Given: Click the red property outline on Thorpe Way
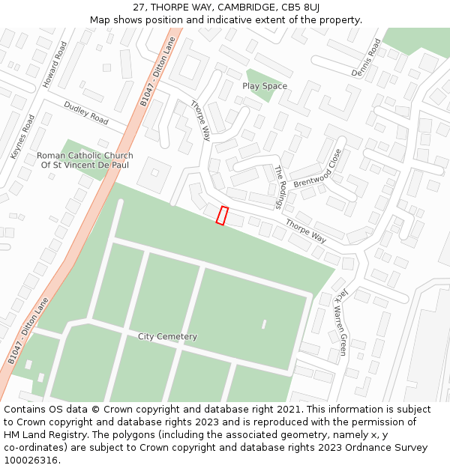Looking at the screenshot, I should pos(222,215).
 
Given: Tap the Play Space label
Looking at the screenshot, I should pos(264,86).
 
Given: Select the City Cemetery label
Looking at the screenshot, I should pos(167,336).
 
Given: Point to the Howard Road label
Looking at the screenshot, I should pos(54,64).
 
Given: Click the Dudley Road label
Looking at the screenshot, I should pos(86,113).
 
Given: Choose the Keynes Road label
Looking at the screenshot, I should pos(22,136).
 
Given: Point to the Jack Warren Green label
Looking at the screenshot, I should pos(340,322).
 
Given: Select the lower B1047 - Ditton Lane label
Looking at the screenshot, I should pos(28,330).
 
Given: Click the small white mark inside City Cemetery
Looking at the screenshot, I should pos(264,324).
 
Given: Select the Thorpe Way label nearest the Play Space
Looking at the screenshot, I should pos(200,121).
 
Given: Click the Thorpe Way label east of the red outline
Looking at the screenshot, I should pos(305,231).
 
